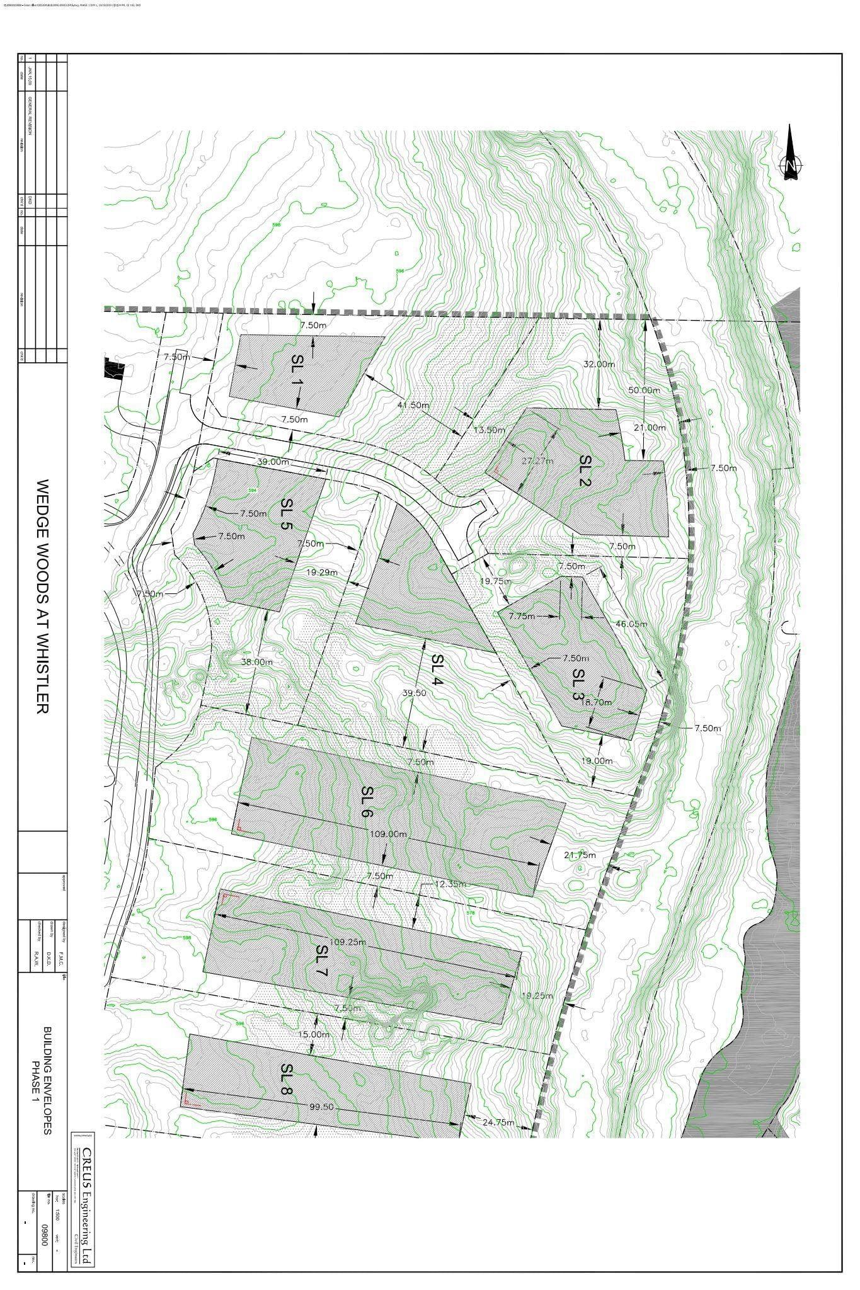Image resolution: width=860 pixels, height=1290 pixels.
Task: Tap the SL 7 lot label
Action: [322, 960]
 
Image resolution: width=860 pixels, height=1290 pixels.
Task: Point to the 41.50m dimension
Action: [413, 405]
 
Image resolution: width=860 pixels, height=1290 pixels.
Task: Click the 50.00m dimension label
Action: [644, 390]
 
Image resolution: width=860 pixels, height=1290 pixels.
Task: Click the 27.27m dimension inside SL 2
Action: [537, 460]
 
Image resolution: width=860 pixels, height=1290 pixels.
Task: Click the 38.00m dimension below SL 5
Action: [257, 662]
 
